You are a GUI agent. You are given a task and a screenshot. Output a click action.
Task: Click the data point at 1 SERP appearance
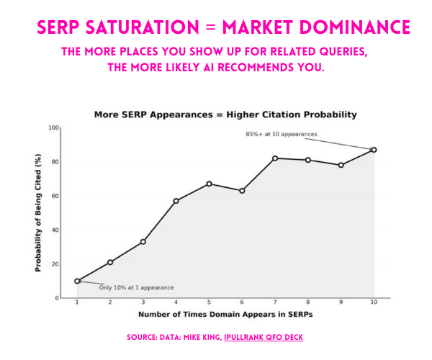(77, 281)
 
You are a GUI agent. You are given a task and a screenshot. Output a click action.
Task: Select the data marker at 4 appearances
(176, 201)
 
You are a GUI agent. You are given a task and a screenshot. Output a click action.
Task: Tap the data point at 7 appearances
(275, 158)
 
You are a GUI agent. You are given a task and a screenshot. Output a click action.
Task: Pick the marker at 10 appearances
(374, 150)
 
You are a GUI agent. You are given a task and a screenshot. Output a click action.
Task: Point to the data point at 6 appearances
(242, 191)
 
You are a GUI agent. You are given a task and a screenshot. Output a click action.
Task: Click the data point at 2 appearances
(110, 262)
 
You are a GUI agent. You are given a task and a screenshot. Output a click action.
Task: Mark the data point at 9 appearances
(341, 165)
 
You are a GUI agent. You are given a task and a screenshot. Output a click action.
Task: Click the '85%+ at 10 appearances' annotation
(282, 134)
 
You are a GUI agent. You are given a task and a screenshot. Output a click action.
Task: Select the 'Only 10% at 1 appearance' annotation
(136, 287)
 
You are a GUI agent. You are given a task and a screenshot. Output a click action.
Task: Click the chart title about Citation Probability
(225, 114)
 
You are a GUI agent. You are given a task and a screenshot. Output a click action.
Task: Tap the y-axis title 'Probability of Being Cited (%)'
(38, 212)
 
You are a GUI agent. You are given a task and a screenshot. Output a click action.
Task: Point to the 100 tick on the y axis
(53, 127)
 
